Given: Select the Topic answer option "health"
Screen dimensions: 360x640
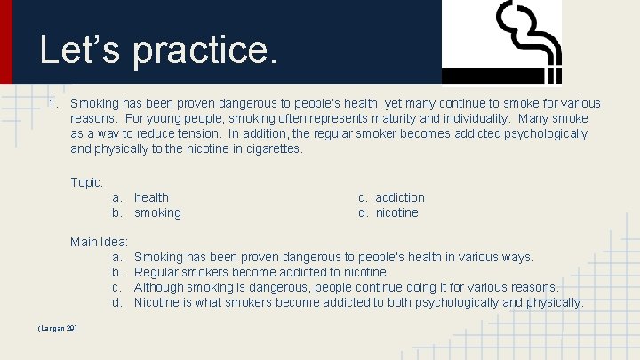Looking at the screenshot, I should tap(151, 197).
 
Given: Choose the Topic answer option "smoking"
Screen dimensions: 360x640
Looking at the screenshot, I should tap(157, 212).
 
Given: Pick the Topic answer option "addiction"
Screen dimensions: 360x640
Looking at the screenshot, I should tap(399, 197).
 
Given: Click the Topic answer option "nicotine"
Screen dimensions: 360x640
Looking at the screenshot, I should tap(396, 212).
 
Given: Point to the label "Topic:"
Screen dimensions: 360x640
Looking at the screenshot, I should tap(87, 182).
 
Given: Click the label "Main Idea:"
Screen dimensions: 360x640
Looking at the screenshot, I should tap(100, 242).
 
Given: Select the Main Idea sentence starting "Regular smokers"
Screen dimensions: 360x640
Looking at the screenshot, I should tap(261, 272).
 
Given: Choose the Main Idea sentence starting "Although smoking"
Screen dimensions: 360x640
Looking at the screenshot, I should tap(346, 287).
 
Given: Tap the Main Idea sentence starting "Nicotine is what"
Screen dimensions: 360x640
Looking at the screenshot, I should tap(358, 302).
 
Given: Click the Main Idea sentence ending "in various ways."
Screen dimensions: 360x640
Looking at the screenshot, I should tap(333, 257).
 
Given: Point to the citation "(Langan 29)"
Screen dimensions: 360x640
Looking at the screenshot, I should tap(57, 329).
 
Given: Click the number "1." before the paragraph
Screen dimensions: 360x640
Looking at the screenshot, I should tap(54, 103).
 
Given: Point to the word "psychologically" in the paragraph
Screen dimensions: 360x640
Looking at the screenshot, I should tap(542, 133).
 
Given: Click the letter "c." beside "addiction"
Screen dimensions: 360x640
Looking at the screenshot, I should tap(364, 197).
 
